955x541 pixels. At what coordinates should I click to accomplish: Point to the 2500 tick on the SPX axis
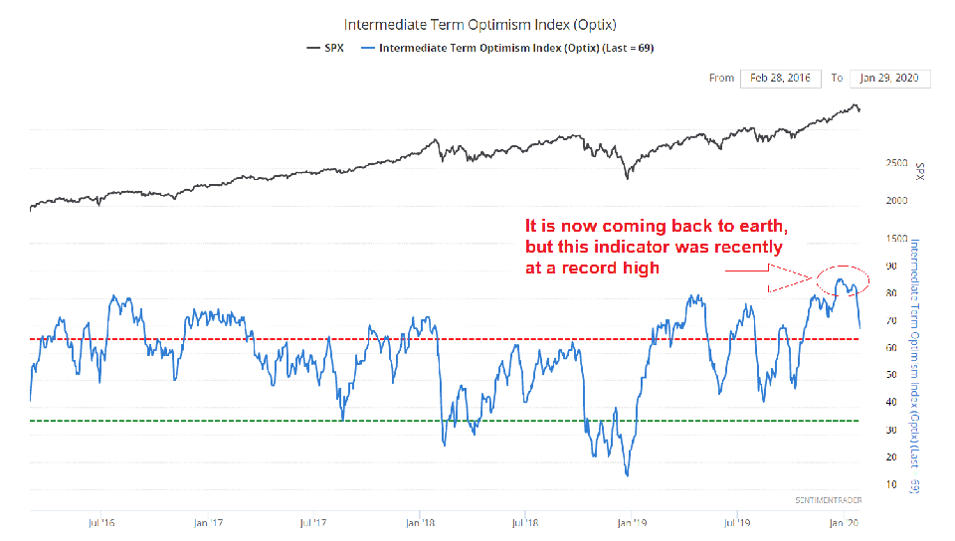896,163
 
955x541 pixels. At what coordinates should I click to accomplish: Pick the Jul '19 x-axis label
736,521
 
